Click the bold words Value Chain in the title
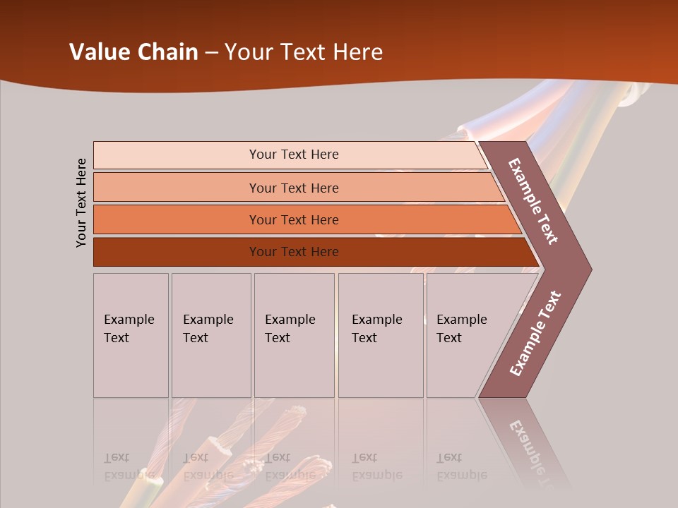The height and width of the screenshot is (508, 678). pos(133,52)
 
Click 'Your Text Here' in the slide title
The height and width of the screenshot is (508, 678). pos(304,52)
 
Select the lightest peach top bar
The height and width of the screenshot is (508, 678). pos(177,155)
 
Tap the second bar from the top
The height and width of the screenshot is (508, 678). pos(177,188)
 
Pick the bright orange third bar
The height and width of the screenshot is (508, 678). pos(177,219)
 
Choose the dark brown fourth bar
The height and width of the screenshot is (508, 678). pos(177,252)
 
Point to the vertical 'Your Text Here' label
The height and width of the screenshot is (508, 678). pos(82,203)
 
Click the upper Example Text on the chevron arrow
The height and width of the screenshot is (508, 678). pos(533,201)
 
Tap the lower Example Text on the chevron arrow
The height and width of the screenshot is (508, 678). pos(535,334)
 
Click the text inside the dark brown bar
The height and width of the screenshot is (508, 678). pos(294,252)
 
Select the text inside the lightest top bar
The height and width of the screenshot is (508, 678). pos(294,155)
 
